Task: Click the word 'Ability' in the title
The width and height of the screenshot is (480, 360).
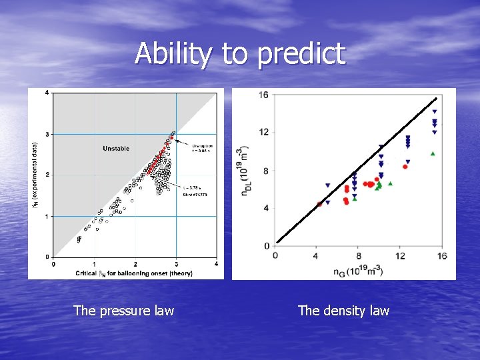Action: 175,54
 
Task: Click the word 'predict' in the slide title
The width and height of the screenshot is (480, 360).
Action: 301,54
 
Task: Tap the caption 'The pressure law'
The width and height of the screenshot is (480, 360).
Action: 123,310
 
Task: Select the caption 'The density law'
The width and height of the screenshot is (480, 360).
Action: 343,310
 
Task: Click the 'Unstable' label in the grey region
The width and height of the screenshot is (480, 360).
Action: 116,148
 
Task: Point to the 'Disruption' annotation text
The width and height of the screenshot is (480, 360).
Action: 203,145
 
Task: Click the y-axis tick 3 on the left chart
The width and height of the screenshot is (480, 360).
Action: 47,134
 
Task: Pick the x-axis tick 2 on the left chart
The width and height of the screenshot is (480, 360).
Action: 135,264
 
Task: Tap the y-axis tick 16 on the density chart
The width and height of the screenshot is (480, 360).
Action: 263,95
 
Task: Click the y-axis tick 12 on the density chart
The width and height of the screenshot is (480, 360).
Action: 263,132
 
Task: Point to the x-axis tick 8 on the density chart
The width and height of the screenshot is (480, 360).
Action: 358,256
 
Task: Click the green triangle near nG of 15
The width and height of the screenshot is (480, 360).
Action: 433,154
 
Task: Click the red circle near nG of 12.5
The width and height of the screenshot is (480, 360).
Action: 405,167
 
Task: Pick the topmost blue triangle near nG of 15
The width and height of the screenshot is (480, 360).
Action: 434,111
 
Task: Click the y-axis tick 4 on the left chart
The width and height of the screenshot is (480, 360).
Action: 47,92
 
